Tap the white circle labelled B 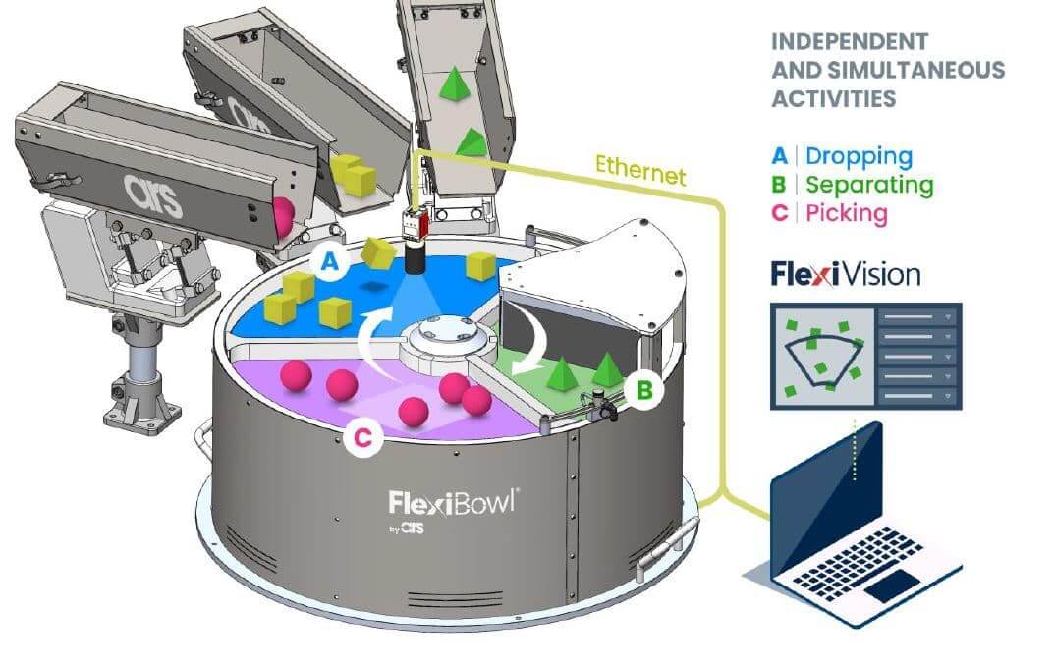point(644,390)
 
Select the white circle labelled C point(362,439)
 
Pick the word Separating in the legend point(869,185)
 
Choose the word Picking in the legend point(846,213)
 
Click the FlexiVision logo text point(846,274)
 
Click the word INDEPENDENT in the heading point(850,42)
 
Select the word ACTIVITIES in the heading point(833,98)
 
